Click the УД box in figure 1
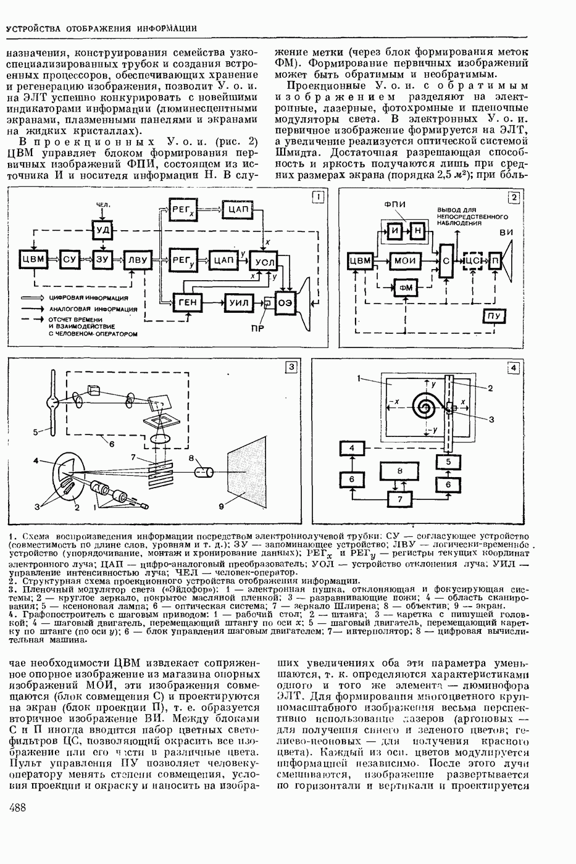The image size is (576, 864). (102, 231)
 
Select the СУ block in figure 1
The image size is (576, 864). (68, 259)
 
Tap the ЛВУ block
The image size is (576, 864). (137, 259)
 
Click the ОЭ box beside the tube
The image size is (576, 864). (285, 302)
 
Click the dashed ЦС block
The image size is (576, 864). (472, 261)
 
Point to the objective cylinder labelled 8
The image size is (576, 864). (204, 472)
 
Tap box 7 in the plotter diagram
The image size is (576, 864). (399, 499)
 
